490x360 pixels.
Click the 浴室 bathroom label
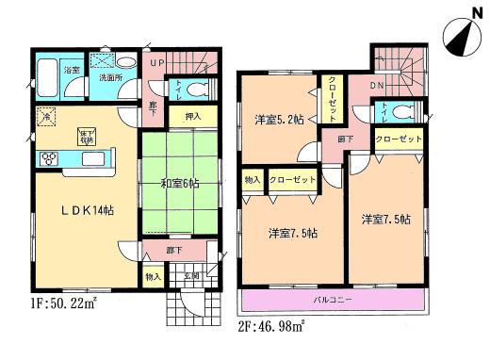(x=71, y=70)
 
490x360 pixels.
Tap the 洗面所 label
(x=112, y=78)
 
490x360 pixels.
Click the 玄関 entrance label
(x=190, y=275)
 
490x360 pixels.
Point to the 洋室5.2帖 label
(x=278, y=119)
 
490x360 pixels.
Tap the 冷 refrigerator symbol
(x=43, y=118)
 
